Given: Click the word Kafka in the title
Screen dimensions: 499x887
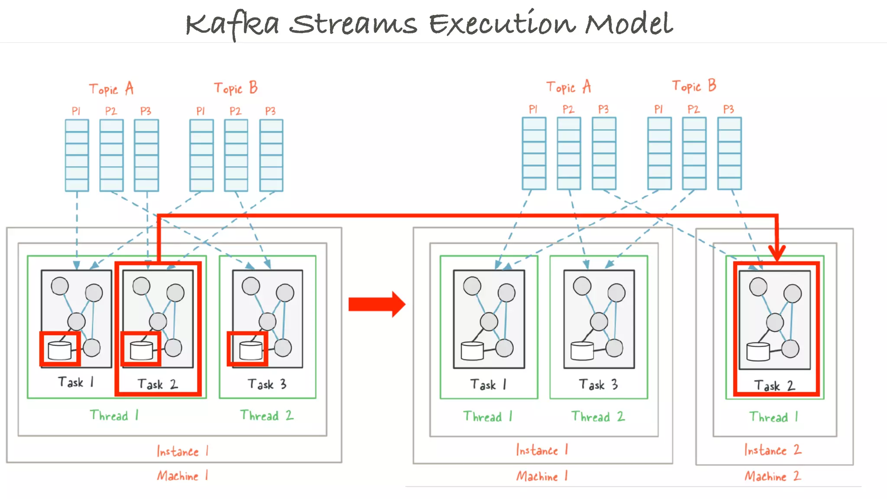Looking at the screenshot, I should click(x=232, y=24).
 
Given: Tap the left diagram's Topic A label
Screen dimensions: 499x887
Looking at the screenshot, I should click(x=111, y=89).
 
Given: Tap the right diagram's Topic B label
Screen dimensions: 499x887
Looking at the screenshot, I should click(x=694, y=86).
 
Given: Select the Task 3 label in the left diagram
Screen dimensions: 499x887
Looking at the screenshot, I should click(x=267, y=384).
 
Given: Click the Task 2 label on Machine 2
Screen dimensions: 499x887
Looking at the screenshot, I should click(x=774, y=386).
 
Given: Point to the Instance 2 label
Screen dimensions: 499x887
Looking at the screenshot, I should click(x=773, y=450).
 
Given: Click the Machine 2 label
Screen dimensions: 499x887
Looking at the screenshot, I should click(x=773, y=476).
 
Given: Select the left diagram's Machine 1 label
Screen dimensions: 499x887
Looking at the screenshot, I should click(x=182, y=476).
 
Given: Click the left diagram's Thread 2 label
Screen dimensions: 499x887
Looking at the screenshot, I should click(x=267, y=415).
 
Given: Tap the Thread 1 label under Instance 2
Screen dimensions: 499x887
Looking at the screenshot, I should click(x=774, y=417).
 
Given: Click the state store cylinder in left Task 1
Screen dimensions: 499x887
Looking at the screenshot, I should click(x=60, y=350).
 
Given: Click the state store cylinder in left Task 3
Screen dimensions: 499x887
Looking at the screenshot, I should click(x=251, y=350).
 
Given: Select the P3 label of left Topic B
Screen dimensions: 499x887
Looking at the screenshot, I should click(x=270, y=111).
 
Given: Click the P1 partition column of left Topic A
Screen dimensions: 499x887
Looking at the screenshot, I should click(x=77, y=155).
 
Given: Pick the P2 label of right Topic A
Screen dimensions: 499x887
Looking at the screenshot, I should click(x=568, y=109).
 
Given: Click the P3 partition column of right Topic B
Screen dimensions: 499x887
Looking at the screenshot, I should click(x=729, y=153).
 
